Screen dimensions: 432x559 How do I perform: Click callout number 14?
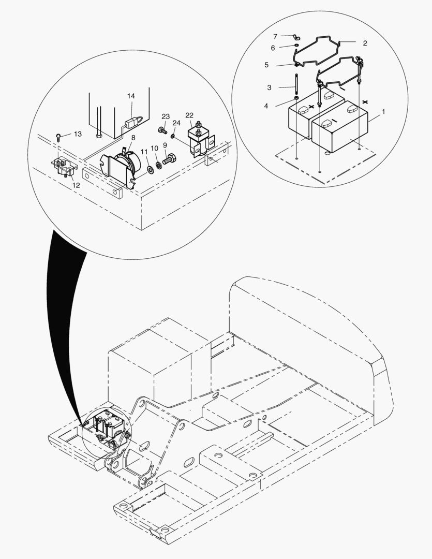pyautogui.click(x=131, y=96)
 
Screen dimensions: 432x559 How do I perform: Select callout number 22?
pyautogui.click(x=189, y=115)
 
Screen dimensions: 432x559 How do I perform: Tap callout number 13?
pyautogui.click(x=78, y=134)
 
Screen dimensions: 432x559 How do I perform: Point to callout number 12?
pyautogui.click(x=76, y=185)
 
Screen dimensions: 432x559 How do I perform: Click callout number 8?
pyautogui.click(x=133, y=138)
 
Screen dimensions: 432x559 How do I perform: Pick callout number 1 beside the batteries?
pyautogui.click(x=383, y=112)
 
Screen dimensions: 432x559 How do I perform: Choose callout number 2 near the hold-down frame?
pyautogui.click(x=365, y=43)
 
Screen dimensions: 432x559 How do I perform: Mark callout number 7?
pyautogui.click(x=275, y=36)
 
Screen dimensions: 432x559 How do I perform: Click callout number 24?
pyautogui.click(x=176, y=123)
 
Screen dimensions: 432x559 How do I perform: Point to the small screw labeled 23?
pyautogui.click(x=162, y=130)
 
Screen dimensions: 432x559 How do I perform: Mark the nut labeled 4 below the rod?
pyautogui.click(x=296, y=98)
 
